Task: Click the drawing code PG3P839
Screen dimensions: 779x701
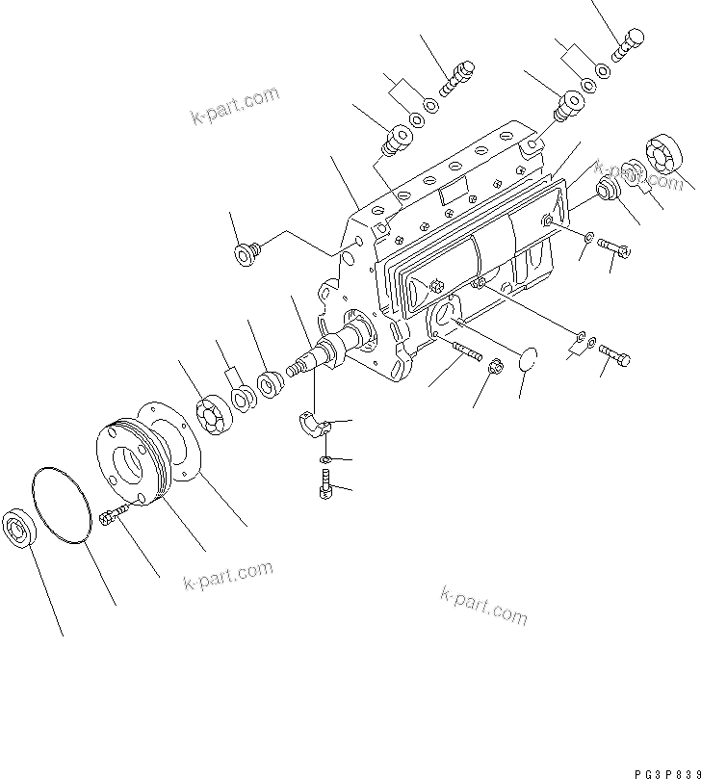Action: pyautogui.click(x=660, y=762)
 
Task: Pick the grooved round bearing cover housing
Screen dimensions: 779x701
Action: pyautogui.click(x=135, y=457)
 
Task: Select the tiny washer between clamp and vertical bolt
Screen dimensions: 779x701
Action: pyautogui.click(x=325, y=458)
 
